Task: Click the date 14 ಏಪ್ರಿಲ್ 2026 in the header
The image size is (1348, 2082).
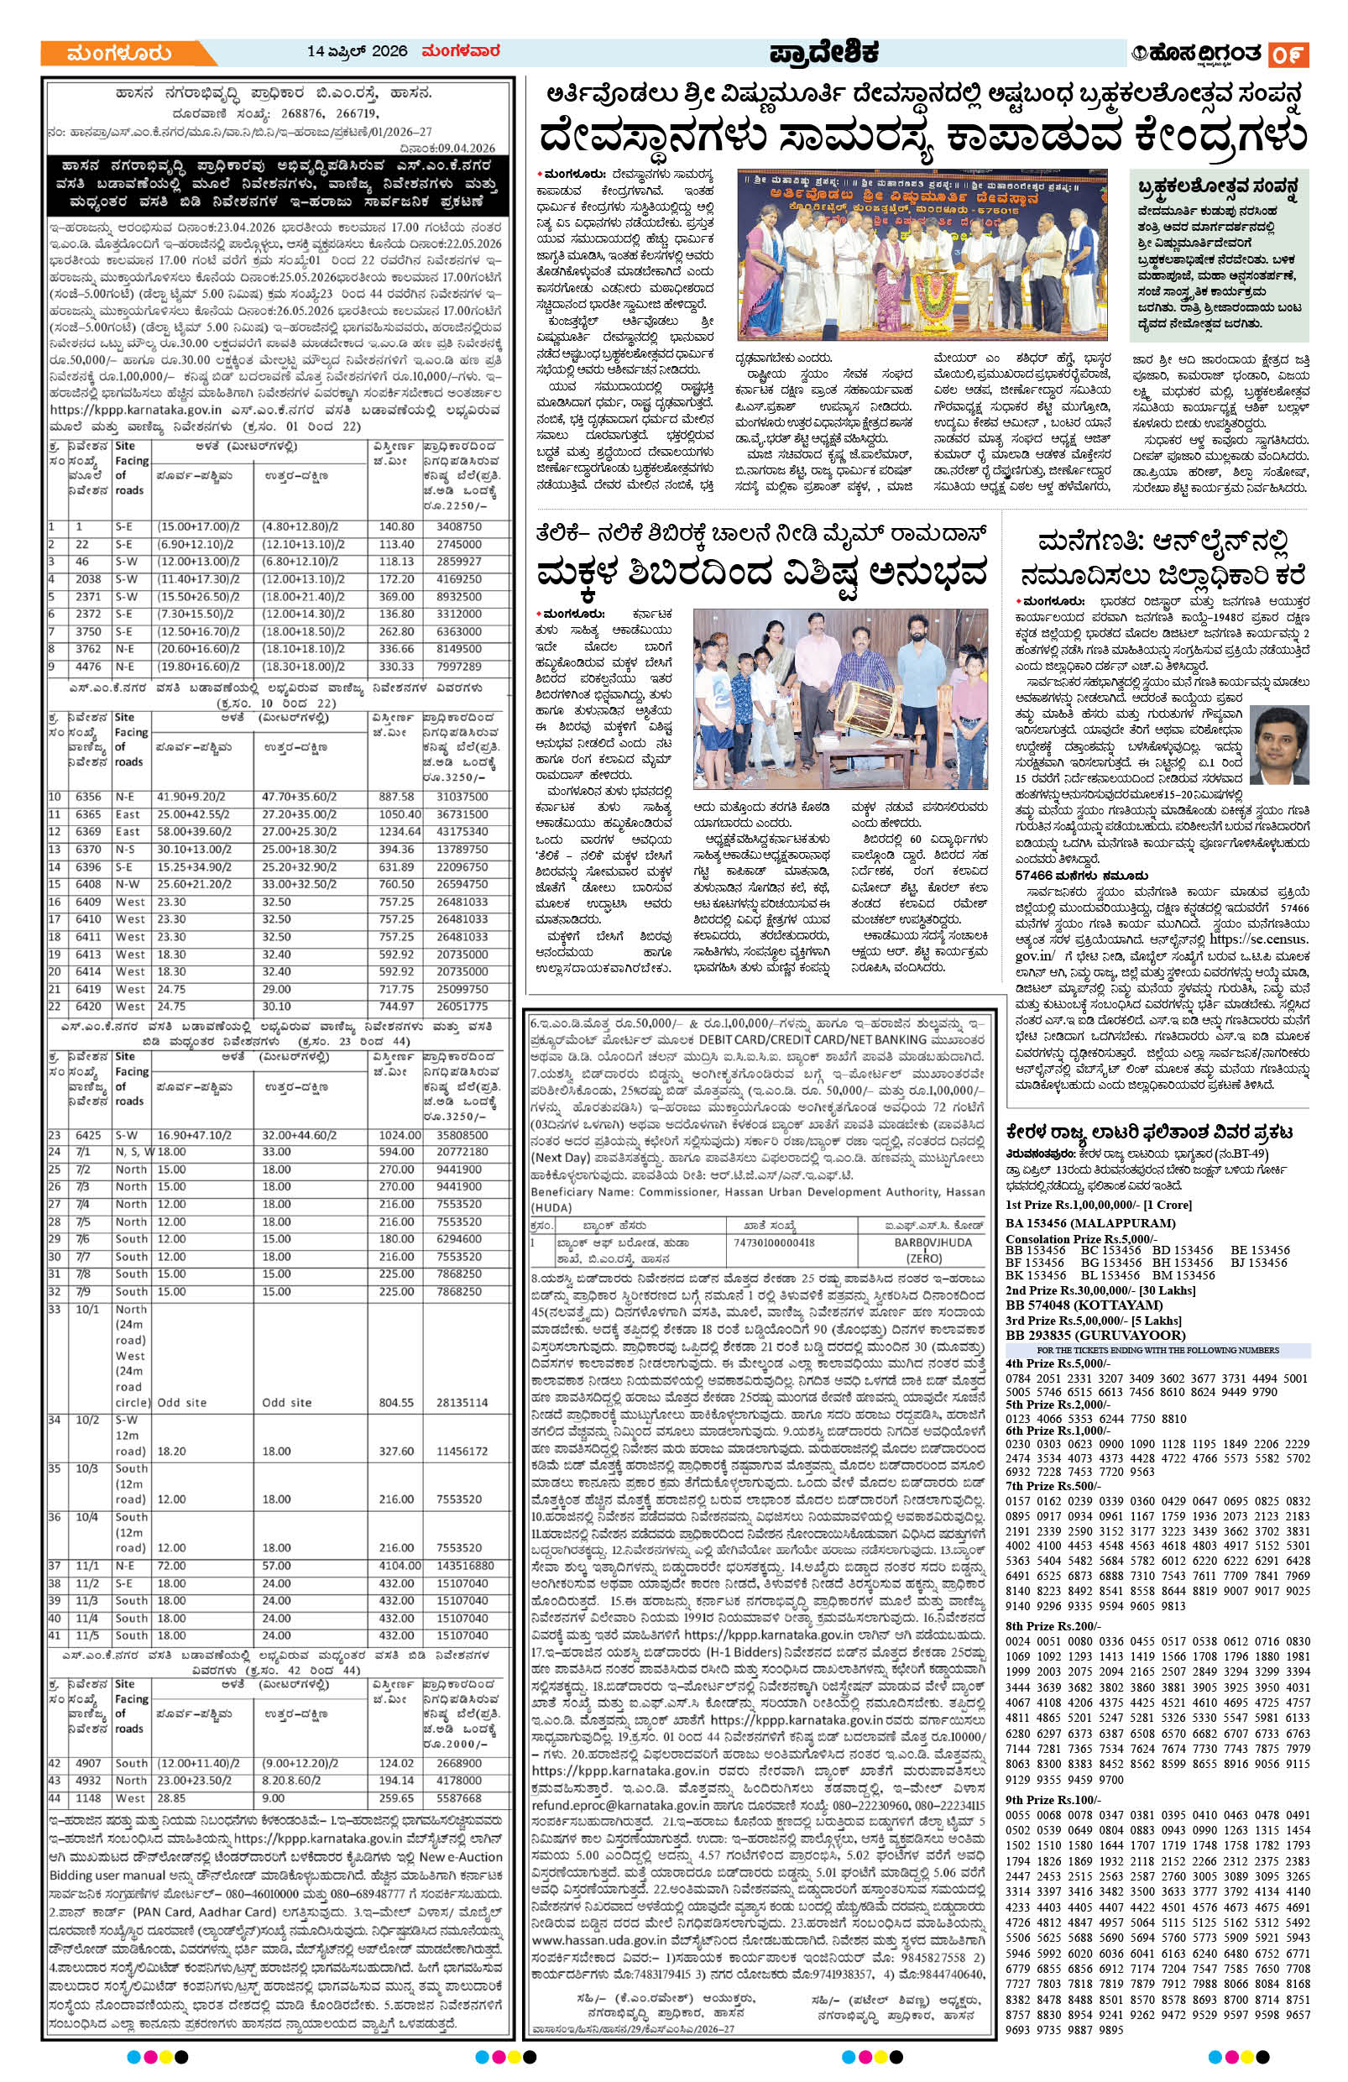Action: tap(358, 51)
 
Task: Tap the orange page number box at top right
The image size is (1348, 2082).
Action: tap(1288, 55)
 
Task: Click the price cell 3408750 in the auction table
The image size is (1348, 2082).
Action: tap(459, 527)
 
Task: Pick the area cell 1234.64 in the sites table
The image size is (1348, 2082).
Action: tap(396, 832)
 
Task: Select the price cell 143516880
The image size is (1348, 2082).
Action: tap(459, 1566)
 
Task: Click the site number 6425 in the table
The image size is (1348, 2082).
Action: tap(88, 1134)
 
